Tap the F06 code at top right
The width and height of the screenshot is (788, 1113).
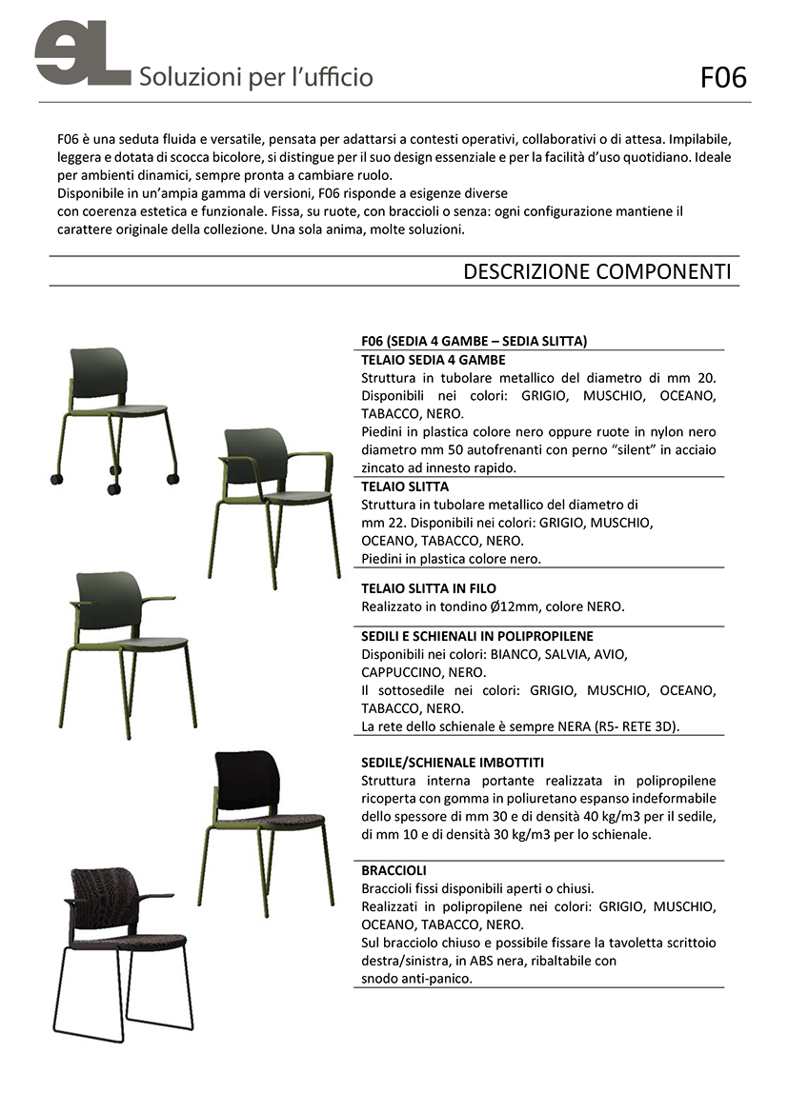point(723,77)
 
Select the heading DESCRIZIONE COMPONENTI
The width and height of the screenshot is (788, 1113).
point(596,271)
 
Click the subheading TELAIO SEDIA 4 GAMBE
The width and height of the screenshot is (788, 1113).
point(434,360)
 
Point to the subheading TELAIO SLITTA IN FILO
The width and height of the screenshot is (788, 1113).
point(429,588)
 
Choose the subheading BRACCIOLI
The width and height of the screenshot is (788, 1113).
point(394,870)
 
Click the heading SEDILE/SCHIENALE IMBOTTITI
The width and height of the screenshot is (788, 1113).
point(453,763)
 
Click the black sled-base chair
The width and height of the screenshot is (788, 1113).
point(124,953)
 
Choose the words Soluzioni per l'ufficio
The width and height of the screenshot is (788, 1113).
point(256,77)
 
